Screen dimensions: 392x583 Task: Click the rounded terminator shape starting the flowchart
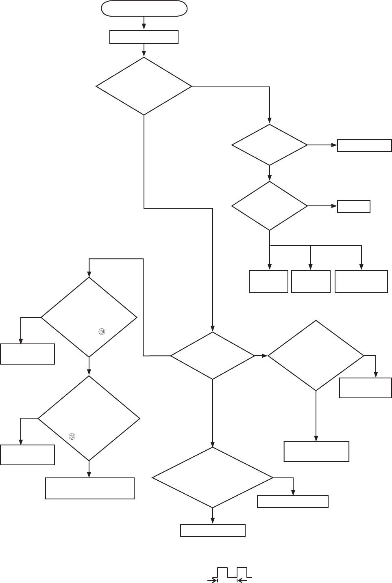(144, 9)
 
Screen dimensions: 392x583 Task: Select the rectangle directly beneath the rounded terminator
(144, 37)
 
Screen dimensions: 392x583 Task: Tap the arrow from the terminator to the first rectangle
(144, 23)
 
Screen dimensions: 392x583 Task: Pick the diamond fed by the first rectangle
(144, 86)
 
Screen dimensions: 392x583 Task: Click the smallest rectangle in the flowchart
(354, 206)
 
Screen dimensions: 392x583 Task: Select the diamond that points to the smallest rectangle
(269, 206)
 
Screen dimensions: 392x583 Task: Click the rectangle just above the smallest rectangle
(364, 145)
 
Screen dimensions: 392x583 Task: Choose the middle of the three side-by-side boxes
(311, 281)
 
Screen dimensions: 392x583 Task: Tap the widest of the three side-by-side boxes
(361, 281)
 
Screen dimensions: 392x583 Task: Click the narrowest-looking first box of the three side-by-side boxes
(268, 281)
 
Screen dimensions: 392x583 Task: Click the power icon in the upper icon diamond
(101, 332)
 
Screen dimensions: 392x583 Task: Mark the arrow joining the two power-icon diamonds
(89, 367)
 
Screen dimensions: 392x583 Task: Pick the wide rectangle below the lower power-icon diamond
(90, 488)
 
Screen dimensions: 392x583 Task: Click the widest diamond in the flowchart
(212, 477)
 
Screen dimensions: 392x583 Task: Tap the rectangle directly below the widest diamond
(213, 530)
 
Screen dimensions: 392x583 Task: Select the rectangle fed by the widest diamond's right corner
(293, 501)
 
